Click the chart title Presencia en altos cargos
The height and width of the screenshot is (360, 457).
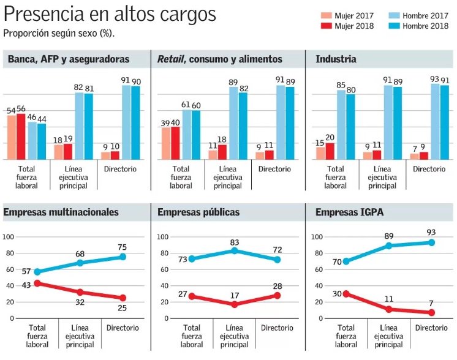coord(110,14)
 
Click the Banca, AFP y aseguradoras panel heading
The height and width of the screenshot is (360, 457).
coord(68,59)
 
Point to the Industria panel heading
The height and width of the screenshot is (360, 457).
coord(336,59)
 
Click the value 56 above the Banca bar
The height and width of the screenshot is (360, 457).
coord(21,109)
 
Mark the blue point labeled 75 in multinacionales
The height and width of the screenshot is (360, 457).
coord(123,257)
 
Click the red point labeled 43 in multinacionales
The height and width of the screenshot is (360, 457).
coord(37,283)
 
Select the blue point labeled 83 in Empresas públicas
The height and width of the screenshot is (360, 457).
coord(234,250)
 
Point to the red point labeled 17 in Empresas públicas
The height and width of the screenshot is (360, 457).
coord(234,304)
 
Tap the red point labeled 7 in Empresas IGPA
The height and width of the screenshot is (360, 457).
coord(432,312)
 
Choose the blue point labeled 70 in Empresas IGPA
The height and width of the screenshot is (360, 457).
coord(346,261)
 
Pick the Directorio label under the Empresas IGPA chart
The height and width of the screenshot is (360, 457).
coord(431,328)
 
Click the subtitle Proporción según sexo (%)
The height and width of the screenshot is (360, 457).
coord(59,32)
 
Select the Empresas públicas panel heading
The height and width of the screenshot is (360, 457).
coord(198,212)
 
